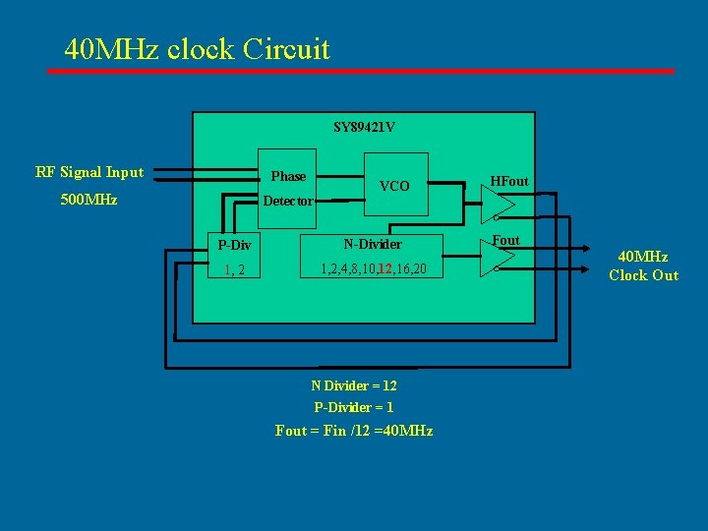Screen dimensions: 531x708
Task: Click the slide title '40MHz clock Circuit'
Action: (x=197, y=48)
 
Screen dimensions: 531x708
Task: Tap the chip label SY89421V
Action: (x=364, y=127)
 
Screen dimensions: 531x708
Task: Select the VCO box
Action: (x=395, y=185)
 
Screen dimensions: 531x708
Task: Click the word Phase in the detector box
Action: (x=288, y=176)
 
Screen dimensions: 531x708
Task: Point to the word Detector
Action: (x=288, y=201)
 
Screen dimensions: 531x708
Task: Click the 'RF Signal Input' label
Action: (x=89, y=172)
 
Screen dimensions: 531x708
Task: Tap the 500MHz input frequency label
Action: (x=88, y=200)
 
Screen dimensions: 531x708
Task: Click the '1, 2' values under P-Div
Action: (x=235, y=269)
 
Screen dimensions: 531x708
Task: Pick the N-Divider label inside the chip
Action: (x=373, y=244)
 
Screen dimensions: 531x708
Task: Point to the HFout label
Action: (x=509, y=181)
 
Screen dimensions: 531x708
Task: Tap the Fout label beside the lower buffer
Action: (x=506, y=240)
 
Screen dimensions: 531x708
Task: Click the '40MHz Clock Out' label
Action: (x=643, y=266)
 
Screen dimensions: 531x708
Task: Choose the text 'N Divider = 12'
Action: (x=354, y=385)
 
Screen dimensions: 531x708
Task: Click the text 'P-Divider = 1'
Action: (x=354, y=407)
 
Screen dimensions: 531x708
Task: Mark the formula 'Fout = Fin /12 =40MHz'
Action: (x=354, y=431)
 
